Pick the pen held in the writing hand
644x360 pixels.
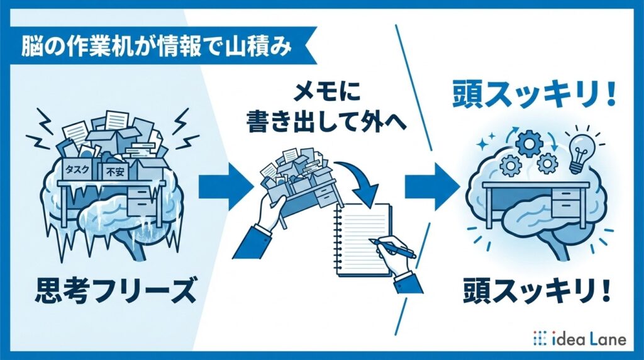392,247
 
